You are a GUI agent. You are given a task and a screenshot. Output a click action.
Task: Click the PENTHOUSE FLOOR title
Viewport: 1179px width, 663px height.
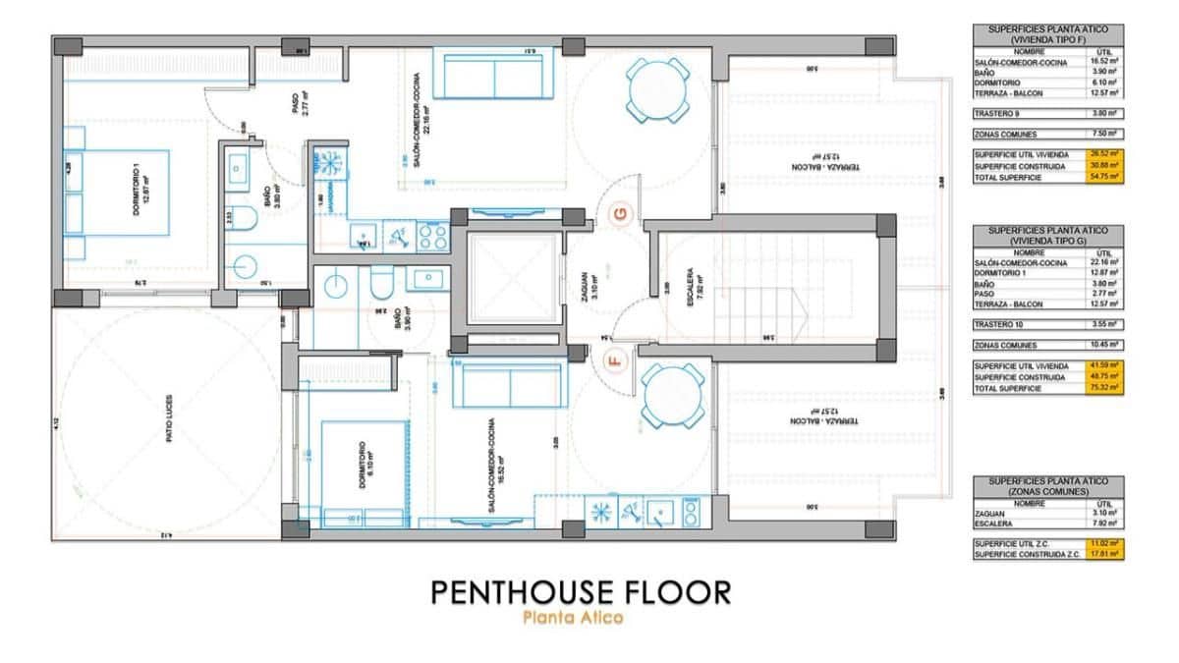tap(580, 592)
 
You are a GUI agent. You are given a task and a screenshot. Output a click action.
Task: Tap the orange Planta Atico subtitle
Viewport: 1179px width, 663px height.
tap(573, 619)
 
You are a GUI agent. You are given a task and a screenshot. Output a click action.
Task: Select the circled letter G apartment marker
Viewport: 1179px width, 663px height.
tap(619, 214)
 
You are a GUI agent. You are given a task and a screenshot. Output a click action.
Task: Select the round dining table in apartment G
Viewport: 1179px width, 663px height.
tap(653, 91)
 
